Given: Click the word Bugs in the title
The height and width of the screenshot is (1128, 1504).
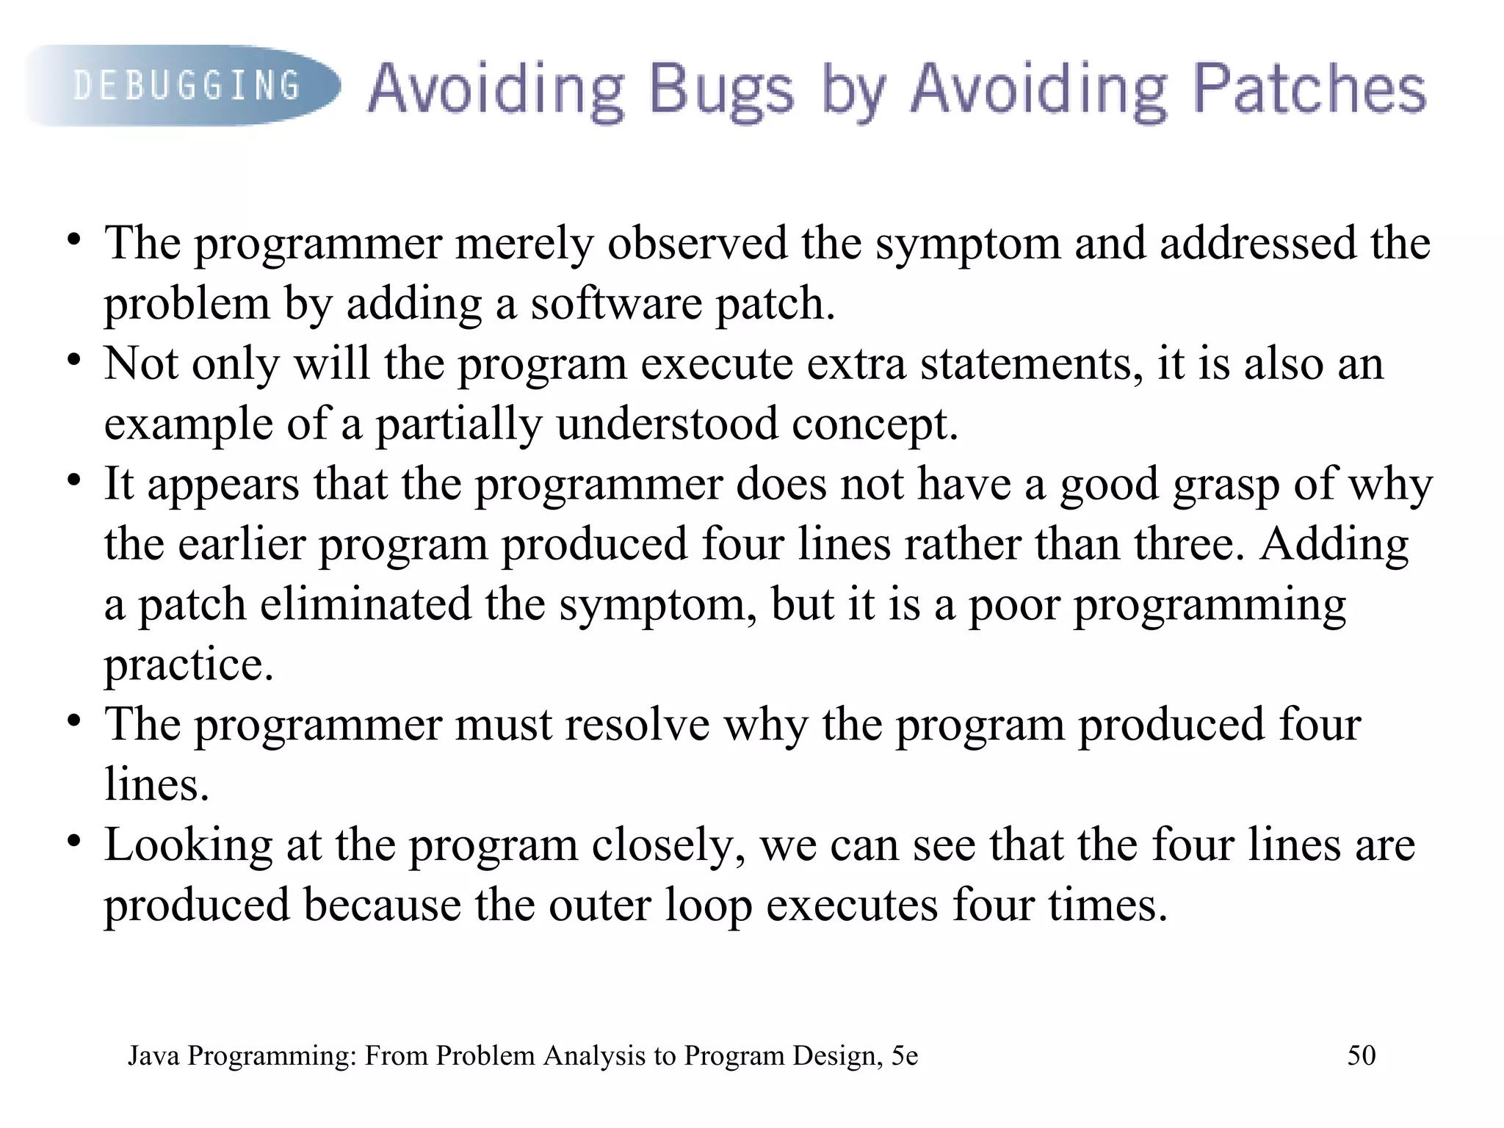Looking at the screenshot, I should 720,90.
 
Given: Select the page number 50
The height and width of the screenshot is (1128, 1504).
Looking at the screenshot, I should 1361,1055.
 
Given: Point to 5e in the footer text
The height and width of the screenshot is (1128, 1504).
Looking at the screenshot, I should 905,1055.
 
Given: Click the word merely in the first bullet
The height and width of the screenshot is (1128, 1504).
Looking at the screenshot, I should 524,243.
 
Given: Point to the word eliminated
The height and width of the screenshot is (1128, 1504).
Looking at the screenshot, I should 365,604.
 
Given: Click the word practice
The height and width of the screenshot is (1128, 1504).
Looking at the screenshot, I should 189,665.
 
